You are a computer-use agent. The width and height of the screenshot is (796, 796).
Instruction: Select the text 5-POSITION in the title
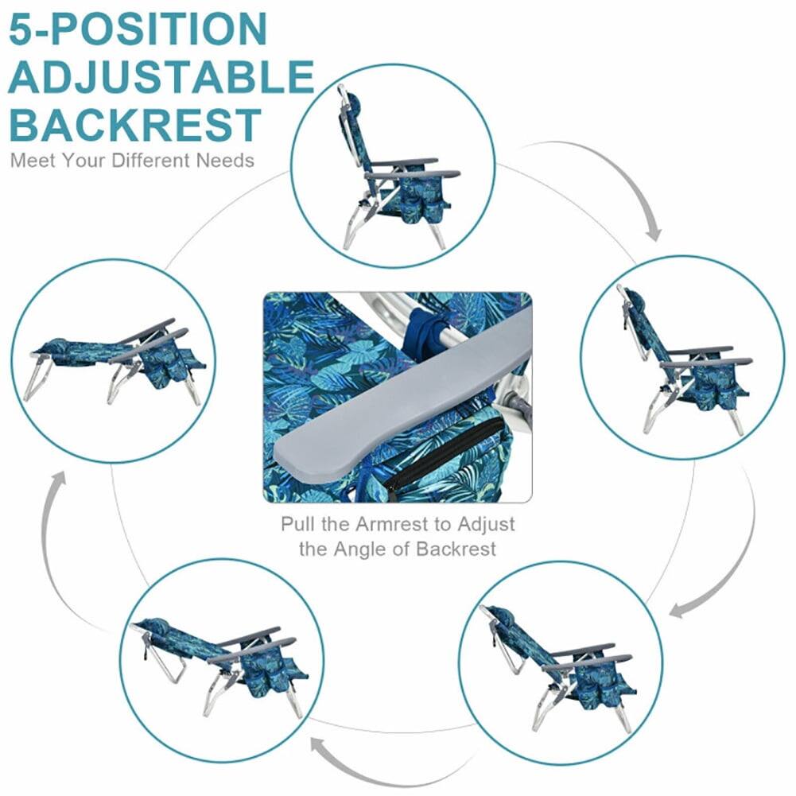coord(138,29)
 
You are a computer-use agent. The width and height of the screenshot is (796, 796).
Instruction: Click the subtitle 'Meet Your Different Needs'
coord(132,161)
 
